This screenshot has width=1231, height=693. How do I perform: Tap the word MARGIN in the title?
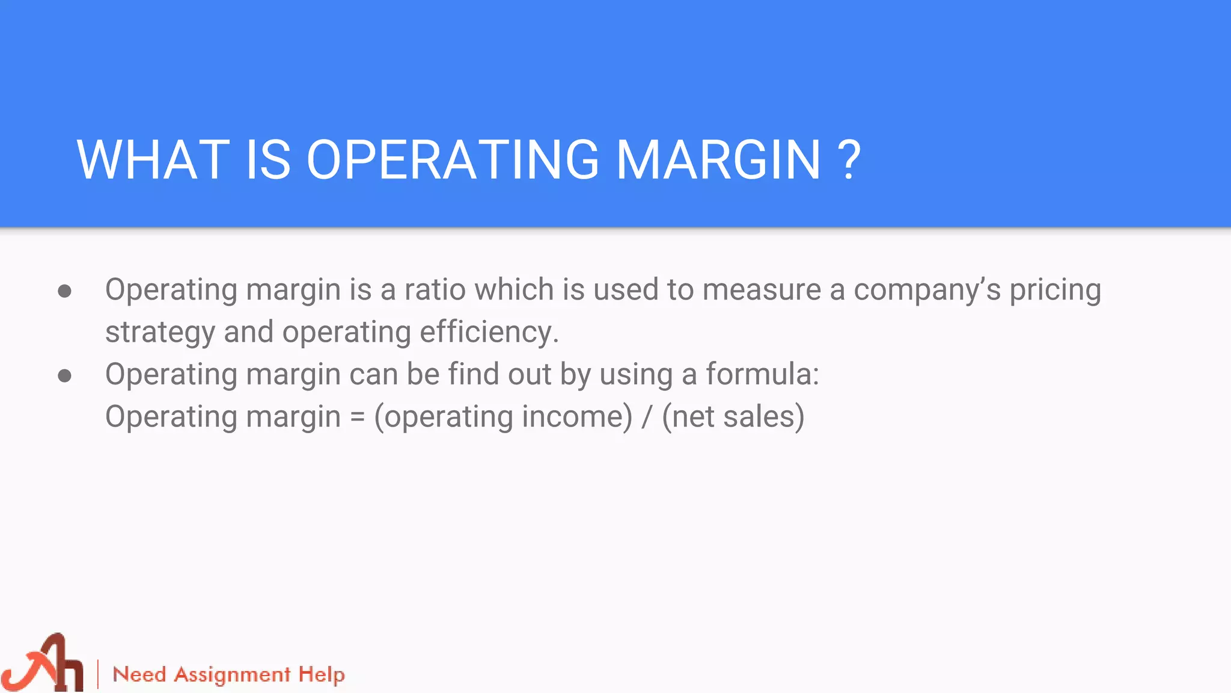click(x=718, y=160)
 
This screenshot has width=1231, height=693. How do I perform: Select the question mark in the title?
click(x=849, y=160)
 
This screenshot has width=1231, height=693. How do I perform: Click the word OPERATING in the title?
click(x=453, y=160)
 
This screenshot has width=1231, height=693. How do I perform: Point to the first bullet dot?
click(x=65, y=292)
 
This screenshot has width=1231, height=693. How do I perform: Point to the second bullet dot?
click(x=65, y=377)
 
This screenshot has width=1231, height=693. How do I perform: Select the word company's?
click(x=927, y=291)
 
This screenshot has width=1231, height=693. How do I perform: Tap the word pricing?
click(x=1055, y=291)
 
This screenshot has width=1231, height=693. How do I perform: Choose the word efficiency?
click(x=489, y=332)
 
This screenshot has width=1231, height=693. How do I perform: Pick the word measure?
click(x=762, y=289)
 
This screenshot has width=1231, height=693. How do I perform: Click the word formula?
click(x=762, y=374)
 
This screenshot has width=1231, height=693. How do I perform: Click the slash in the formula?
click(x=647, y=417)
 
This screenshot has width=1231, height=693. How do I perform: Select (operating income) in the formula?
click(x=503, y=417)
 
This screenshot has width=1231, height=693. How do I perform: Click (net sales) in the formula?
click(x=733, y=417)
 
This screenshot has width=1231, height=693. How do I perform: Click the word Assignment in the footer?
click(x=233, y=675)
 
